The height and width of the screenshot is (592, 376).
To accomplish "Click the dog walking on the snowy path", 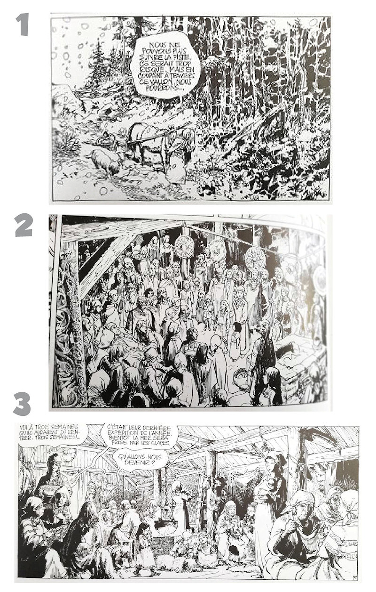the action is coord(102,162).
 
